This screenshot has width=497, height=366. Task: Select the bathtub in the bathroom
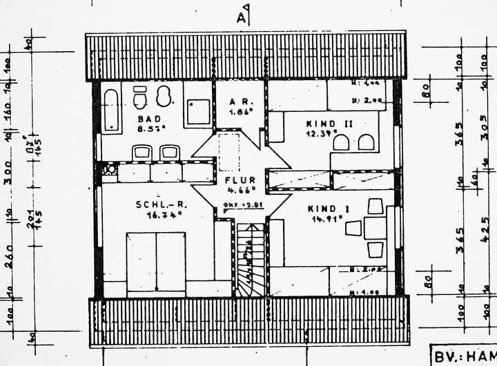(x=110, y=110)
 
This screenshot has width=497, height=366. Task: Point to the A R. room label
(x=239, y=102)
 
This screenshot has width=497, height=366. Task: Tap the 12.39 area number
(x=321, y=133)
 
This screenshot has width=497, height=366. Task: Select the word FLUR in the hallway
(x=239, y=180)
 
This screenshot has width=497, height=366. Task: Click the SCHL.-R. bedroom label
(x=158, y=204)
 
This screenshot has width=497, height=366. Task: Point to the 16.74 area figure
(x=158, y=214)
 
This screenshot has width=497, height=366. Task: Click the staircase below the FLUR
(x=251, y=259)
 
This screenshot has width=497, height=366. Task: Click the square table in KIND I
(x=375, y=228)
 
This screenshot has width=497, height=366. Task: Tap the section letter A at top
(x=242, y=17)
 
